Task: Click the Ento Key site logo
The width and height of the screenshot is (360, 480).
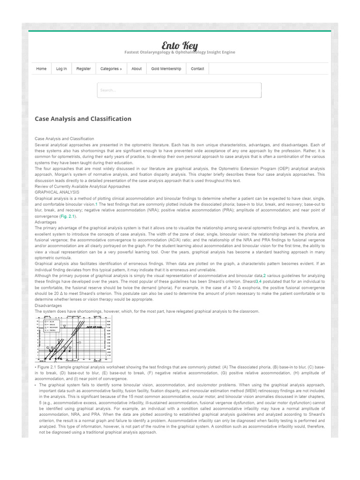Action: coord(180,45)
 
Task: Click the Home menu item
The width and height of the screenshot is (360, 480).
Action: coord(41,69)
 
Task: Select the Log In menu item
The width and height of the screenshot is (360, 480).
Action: coord(61,69)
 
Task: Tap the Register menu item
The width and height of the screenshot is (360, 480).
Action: coord(83,69)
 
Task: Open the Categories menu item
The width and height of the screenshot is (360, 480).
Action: coord(111,69)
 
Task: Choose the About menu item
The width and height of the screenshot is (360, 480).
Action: coord(136,69)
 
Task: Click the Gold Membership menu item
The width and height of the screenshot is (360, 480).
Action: coord(166,69)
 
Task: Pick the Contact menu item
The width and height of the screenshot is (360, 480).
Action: coord(197,69)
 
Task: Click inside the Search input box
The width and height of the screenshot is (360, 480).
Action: coord(179,90)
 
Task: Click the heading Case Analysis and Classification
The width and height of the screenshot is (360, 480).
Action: coord(83,119)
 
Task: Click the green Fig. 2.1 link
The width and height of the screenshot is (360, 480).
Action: coord(67,217)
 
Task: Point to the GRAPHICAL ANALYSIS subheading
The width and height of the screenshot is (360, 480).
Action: coord(57,192)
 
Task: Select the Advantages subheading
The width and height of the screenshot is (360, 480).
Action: coord(45,222)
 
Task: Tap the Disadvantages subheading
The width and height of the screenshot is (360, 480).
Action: coord(48,306)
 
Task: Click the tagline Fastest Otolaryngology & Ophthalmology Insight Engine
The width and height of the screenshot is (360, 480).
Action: coord(180,52)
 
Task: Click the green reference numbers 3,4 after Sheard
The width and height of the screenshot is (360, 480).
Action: coord(258,282)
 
